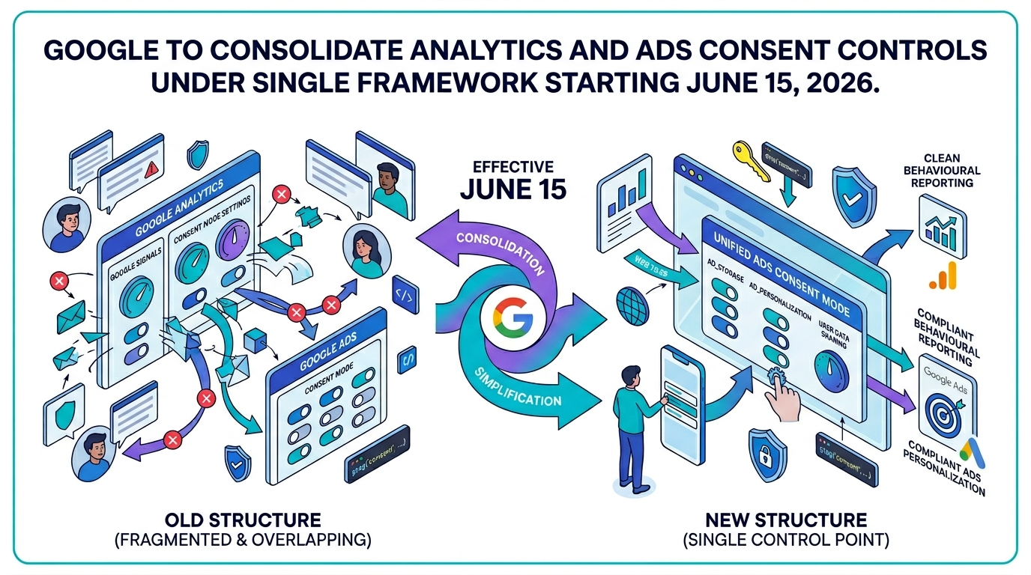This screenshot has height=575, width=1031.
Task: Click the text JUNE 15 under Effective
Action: (x=513, y=189)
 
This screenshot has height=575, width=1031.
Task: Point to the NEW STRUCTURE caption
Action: (x=786, y=520)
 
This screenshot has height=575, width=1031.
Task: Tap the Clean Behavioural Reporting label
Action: (x=947, y=171)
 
